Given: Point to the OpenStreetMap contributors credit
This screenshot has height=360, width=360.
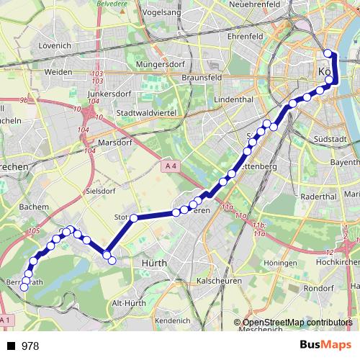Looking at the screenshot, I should (x=294, y=323).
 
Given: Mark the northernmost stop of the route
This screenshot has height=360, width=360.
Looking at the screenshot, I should (x=328, y=53).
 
